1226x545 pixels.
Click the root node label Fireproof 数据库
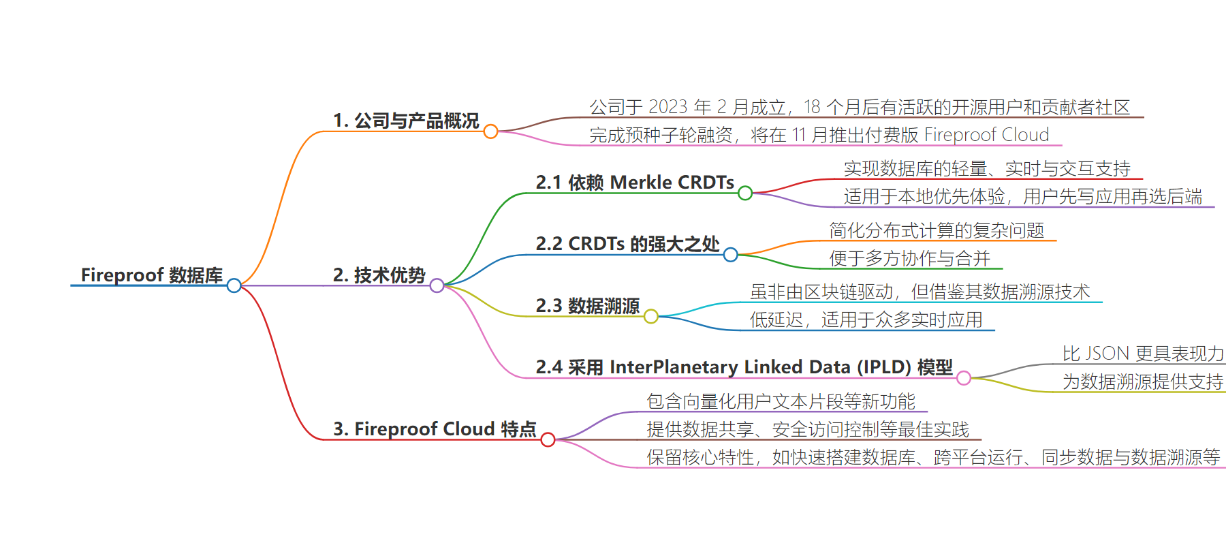pyautogui.click(x=152, y=275)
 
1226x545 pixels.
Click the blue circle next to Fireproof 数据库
pyautogui.click(x=234, y=285)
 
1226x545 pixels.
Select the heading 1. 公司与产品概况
pyautogui.click(x=406, y=121)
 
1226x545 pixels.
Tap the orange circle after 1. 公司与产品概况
pyautogui.click(x=490, y=131)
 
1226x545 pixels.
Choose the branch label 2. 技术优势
pyautogui.click(x=379, y=275)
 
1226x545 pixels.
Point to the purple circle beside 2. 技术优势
pyautogui.click(x=437, y=285)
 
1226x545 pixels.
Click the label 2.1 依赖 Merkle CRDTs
pyautogui.click(x=635, y=183)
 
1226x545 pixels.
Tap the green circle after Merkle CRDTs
pyautogui.click(x=745, y=193)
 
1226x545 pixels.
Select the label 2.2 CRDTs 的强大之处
pyautogui.click(x=627, y=244)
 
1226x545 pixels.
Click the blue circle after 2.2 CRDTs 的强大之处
pyautogui.click(x=731, y=255)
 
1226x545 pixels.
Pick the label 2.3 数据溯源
pyautogui.click(x=588, y=306)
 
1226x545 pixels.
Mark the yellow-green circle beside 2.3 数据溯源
pyautogui.click(x=651, y=316)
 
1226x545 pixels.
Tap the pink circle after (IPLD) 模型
pyautogui.click(x=964, y=378)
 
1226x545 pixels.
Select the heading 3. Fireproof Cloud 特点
pyautogui.click(x=435, y=429)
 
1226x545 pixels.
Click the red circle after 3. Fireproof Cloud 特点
pyautogui.click(x=548, y=439)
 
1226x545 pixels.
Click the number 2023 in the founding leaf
pyautogui.click(x=667, y=107)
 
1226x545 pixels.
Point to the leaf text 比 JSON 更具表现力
pyautogui.click(x=1144, y=354)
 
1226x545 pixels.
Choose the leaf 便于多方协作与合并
pyautogui.click(x=909, y=258)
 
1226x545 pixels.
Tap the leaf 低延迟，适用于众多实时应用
pyautogui.click(x=866, y=320)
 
